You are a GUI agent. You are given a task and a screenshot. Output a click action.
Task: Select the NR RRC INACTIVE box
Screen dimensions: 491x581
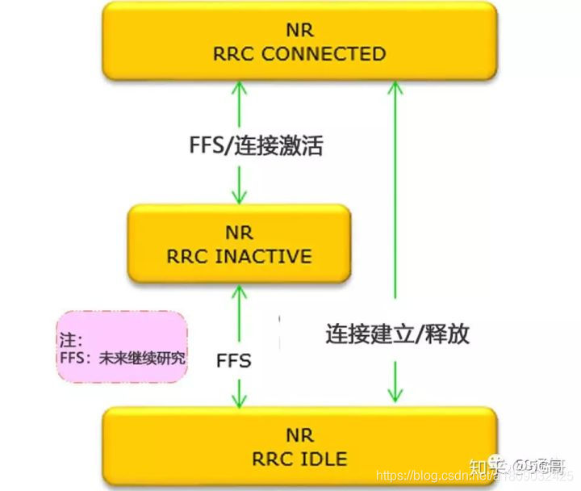pos(239,244)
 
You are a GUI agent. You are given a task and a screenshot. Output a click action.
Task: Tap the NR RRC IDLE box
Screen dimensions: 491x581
pos(299,447)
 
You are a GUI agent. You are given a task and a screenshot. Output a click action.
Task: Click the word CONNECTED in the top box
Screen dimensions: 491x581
pos(324,54)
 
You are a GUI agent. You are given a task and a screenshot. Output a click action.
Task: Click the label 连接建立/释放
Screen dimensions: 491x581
pos(398,334)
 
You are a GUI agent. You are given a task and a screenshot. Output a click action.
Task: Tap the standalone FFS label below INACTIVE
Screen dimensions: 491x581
pos(234,360)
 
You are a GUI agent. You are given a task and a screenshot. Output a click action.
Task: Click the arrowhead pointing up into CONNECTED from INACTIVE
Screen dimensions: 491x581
pos(239,87)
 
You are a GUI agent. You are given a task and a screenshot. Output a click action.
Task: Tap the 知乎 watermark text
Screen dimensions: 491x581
pos(486,465)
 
